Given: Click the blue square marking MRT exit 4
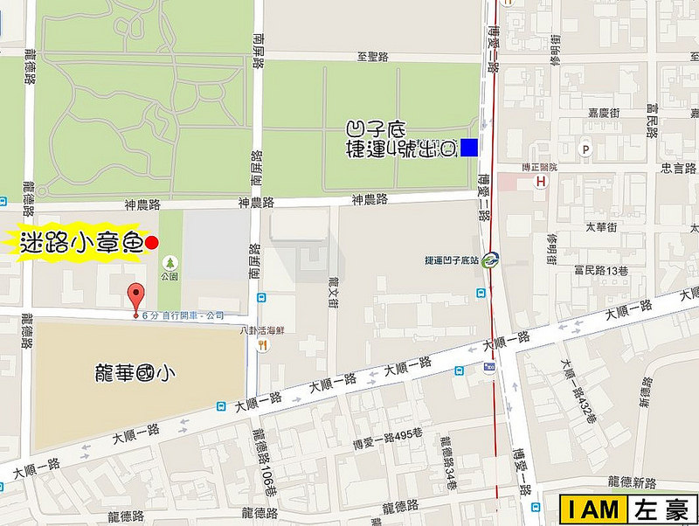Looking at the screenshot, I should tap(469, 148).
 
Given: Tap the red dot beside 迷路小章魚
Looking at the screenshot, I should tap(151, 243).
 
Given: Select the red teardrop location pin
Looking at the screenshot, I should tap(135, 295).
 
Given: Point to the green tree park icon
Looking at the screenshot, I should tap(168, 261).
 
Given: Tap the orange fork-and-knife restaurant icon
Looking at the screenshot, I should tap(261, 345).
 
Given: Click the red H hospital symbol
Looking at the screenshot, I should tap(542, 181).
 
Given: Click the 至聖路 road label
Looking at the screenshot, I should tap(373, 57).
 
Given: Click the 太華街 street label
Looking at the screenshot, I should tap(601, 227).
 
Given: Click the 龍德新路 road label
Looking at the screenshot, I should tap(631, 482).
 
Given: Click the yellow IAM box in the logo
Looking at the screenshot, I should tap(594, 509).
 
